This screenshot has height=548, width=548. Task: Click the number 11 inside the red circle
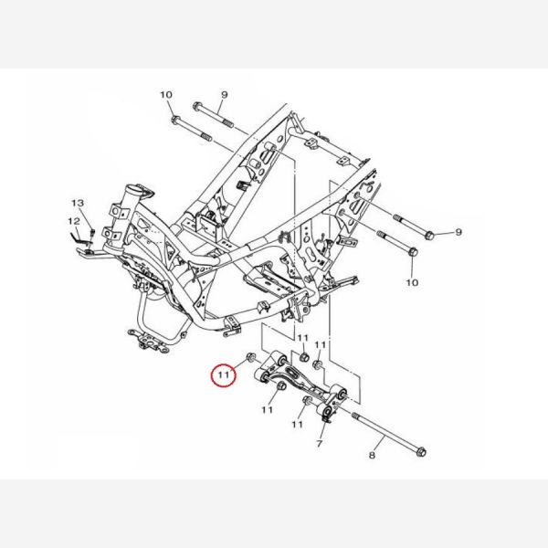[x=224, y=375]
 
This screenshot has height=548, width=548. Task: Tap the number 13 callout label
[x=78, y=203]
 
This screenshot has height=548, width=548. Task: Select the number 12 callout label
[x=74, y=221]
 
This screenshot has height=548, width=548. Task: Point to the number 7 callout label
[x=319, y=444]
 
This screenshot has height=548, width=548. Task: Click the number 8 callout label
[x=372, y=455]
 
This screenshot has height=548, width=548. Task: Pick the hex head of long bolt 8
[x=422, y=452]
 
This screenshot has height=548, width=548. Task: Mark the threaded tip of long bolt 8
[x=355, y=416]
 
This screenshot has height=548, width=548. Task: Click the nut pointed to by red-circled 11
[x=250, y=357]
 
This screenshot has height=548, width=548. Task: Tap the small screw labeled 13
[x=92, y=232]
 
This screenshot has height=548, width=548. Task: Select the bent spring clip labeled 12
[x=78, y=237]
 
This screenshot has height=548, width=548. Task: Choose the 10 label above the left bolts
[x=166, y=95]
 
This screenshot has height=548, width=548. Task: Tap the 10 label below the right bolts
[x=412, y=282]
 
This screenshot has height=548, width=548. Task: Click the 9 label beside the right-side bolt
[x=458, y=232]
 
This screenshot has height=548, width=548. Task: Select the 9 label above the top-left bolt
[x=225, y=95]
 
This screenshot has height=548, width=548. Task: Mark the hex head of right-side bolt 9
[x=429, y=236]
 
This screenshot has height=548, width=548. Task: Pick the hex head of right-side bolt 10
[x=413, y=252]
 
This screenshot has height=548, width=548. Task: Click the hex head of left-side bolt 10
[x=175, y=121]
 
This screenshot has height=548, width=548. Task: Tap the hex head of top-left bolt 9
[x=196, y=105]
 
